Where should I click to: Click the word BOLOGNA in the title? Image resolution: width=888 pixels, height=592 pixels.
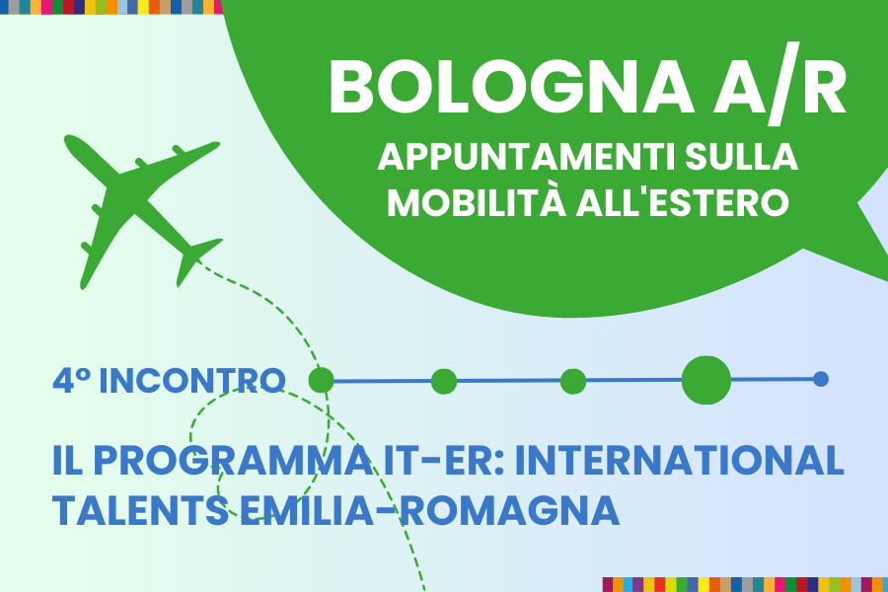coord(511,86)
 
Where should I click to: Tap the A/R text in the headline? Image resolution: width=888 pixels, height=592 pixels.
coord(779,84)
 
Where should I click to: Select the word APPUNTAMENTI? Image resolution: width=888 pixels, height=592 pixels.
coord(527,158)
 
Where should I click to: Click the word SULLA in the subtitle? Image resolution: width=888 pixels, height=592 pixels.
coord(741,158)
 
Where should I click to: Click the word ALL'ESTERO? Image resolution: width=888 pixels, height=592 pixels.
coord(683,202)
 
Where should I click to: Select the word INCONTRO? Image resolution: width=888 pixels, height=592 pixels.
coord(192,380)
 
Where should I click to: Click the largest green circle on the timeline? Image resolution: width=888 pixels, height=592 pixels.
coord(706,380)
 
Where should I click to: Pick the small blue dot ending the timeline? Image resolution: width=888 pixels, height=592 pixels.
coord(821,379)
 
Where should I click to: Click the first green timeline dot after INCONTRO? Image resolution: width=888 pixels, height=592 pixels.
coord(321,380)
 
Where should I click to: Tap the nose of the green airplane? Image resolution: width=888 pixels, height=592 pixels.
coord(68,139)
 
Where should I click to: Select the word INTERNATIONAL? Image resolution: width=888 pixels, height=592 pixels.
coord(680,460)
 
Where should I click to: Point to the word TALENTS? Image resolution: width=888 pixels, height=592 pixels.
coord(141,510)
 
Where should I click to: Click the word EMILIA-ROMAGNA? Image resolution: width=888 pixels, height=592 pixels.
coord(430,510)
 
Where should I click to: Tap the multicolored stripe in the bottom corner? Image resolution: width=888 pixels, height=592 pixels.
coord(745,585)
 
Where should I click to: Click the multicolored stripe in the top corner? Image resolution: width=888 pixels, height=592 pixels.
coord(111,7)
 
